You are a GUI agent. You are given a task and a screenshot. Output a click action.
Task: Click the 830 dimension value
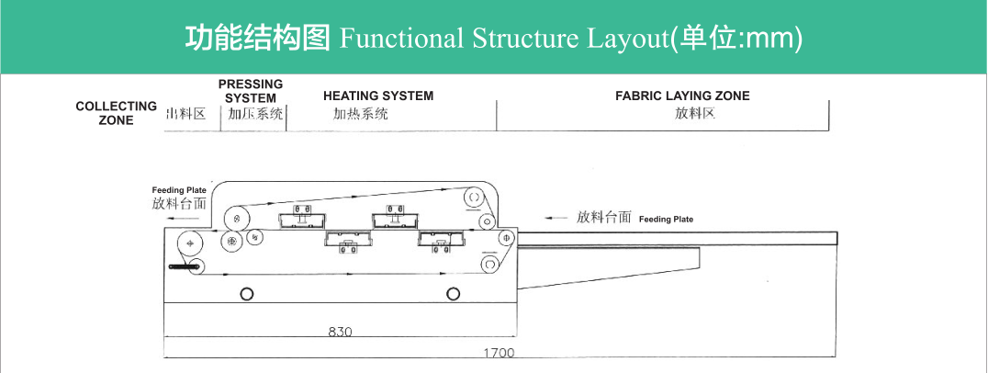[x=340, y=332]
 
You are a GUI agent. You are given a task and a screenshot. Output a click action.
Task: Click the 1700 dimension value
[x=500, y=352]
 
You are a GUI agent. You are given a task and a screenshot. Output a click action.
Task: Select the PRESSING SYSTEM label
[x=251, y=91]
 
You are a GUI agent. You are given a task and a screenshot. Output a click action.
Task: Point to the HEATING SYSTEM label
[x=378, y=96]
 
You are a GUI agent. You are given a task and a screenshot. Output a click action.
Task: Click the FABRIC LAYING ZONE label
[x=682, y=96]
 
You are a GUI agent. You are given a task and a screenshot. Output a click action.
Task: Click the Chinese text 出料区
[x=192, y=114]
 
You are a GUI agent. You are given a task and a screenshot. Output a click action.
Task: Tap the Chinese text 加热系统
[x=360, y=114]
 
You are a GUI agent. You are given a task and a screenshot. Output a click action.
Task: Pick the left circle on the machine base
[x=246, y=293]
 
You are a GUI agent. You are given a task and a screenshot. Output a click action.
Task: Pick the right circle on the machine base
[x=453, y=293]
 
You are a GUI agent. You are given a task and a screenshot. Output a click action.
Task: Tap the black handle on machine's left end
[x=184, y=266]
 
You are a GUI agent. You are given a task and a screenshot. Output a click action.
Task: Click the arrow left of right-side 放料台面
[x=556, y=218]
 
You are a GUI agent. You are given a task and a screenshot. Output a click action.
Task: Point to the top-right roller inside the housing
[x=474, y=198]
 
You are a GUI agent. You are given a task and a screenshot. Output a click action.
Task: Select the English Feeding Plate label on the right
[x=666, y=220]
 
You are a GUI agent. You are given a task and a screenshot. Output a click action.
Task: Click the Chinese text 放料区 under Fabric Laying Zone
[x=694, y=114]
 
